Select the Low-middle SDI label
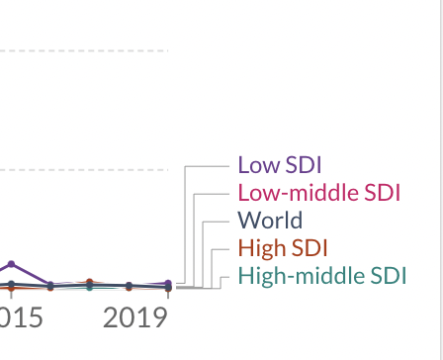319,193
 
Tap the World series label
270,221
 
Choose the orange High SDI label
283,248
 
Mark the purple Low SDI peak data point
11,264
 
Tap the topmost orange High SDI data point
90,283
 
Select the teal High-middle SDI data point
90,288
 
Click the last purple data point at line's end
168,284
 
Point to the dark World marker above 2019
129,286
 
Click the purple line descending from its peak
30,274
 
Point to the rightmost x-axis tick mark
168,293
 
